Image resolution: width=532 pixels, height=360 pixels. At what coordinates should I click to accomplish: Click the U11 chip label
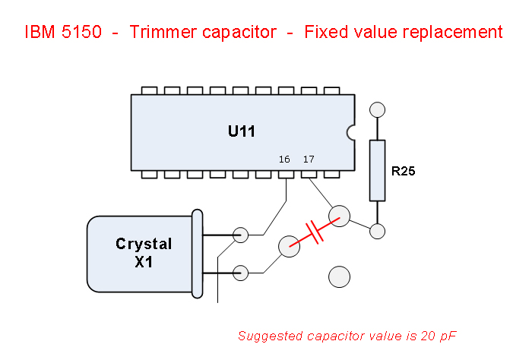click(x=242, y=131)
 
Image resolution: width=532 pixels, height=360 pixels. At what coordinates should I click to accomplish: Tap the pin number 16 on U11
click(x=284, y=159)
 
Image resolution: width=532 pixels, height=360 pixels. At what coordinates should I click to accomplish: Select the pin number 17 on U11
click(x=308, y=159)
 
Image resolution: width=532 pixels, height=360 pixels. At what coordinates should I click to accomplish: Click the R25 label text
click(x=403, y=172)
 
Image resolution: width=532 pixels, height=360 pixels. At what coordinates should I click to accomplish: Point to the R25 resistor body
click(x=377, y=170)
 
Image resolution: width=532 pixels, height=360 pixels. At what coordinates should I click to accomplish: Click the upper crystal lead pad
click(x=241, y=235)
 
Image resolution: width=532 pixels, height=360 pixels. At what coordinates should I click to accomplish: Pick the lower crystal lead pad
click(x=241, y=272)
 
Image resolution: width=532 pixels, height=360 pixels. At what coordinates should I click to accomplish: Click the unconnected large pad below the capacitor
click(x=339, y=276)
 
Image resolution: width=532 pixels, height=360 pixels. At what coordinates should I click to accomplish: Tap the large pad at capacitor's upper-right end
click(x=339, y=216)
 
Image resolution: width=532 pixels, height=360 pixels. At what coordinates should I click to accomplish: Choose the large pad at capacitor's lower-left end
click(x=289, y=246)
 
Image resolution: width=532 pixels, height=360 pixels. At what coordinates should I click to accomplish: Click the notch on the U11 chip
click(x=350, y=133)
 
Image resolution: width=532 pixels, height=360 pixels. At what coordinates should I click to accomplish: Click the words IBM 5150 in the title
click(x=64, y=33)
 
